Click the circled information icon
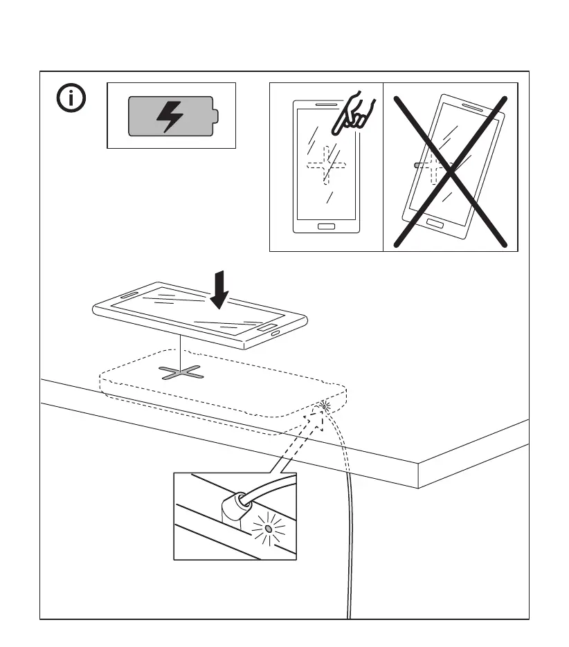tap(70, 100)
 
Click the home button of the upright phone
tap(325, 226)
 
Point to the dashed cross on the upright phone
tap(327, 165)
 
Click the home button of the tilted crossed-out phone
tap(435, 224)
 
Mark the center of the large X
tap(451, 172)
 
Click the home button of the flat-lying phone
tap(269, 327)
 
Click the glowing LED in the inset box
tap(268, 530)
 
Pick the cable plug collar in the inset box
tap(233, 509)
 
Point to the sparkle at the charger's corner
tap(323, 405)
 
